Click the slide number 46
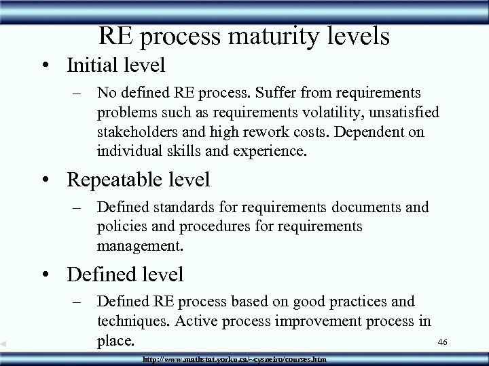pyautogui.click(x=443, y=344)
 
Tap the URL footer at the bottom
pyautogui.click(x=234, y=358)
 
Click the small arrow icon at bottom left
pyautogui.click(x=3, y=344)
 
